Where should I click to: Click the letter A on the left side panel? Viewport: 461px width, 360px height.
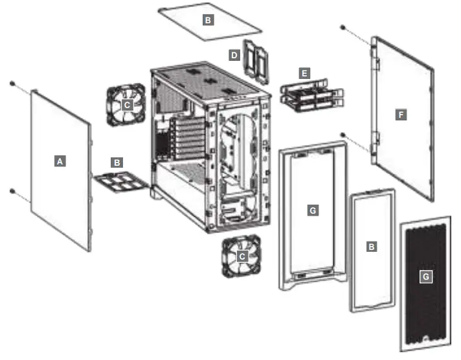coord(60,161)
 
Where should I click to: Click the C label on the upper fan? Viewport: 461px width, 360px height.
coord(128,103)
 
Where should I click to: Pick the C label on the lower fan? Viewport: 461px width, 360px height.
coord(242,256)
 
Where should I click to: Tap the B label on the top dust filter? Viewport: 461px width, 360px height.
coord(208,20)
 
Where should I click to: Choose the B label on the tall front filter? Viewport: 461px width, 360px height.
coord(371,247)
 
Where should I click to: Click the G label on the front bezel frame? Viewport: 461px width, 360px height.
coord(312,210)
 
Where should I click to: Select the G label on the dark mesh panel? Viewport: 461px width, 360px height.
coord(425,276)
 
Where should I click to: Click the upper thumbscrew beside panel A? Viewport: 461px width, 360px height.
coord(12,83)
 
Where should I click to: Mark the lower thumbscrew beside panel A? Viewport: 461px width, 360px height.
coord(12,190)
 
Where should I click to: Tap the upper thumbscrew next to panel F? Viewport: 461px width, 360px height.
coord(343,28)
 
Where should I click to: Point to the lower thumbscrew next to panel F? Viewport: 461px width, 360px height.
coord(343,135)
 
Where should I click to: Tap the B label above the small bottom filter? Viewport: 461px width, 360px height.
coord(117,163)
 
